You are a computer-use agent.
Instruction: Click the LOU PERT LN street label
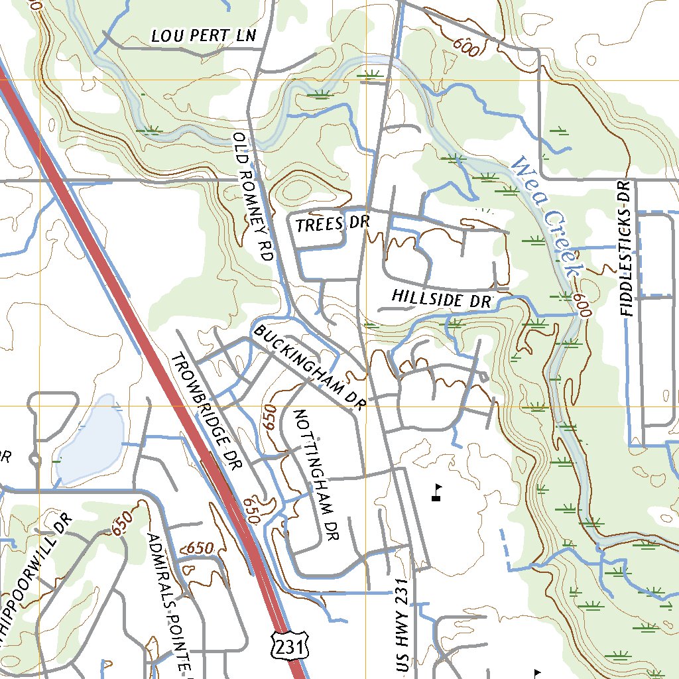coord(203,36)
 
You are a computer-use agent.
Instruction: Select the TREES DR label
coord(332,223)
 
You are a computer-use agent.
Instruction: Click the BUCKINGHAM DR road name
coord(309,367)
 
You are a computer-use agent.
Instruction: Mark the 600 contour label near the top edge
coord(467,47)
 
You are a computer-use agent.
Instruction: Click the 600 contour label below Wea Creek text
coord(582,306)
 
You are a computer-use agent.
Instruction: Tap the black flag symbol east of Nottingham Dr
coord(436,491)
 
